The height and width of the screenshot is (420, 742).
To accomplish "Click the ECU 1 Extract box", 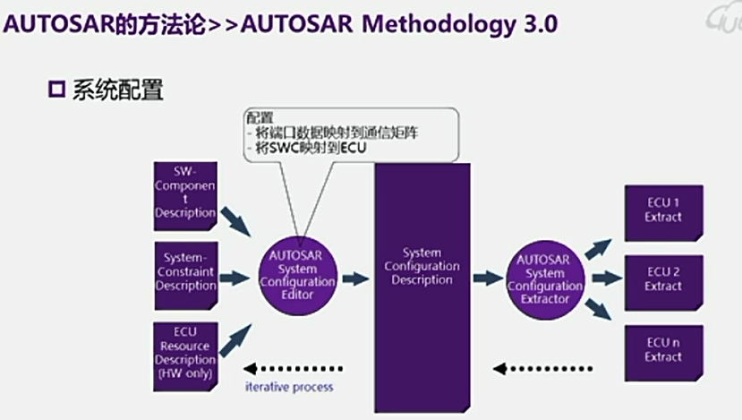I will click(x=662, y=211).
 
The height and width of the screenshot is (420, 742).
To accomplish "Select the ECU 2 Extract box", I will click(x=662, y=279).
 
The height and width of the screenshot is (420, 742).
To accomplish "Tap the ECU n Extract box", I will click(x=662, y=350).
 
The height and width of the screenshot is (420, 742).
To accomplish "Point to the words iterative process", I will click(x=289, y=387).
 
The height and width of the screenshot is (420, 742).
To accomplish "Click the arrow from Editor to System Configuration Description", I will click(x=355, y=279).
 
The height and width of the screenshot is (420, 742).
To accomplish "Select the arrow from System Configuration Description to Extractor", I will click(x=488, y=279).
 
